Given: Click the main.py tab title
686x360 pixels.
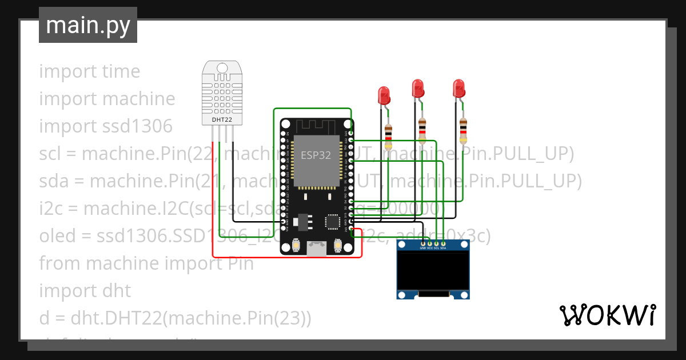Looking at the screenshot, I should (x=87, y=25).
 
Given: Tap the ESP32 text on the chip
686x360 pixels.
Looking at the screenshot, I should (x=316, y=155).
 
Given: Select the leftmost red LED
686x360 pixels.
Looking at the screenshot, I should (x=384, y=94).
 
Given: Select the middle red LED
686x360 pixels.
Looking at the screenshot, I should (x=418, y=89).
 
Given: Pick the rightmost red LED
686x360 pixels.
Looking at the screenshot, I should (x=458, y=89).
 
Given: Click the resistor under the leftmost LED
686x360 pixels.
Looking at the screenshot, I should (x=389, y=134).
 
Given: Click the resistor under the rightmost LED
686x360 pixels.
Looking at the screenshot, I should (x=462, y=130).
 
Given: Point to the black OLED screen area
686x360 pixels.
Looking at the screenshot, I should (x=433, y=272).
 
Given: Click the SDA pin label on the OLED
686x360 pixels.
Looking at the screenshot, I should (x=443, y=248).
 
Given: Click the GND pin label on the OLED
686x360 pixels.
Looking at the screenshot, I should (x=423, y=248).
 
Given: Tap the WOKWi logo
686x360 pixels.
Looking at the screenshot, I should (x=607, y=315).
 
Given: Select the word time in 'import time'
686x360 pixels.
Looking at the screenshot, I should (x=121, y=71).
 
